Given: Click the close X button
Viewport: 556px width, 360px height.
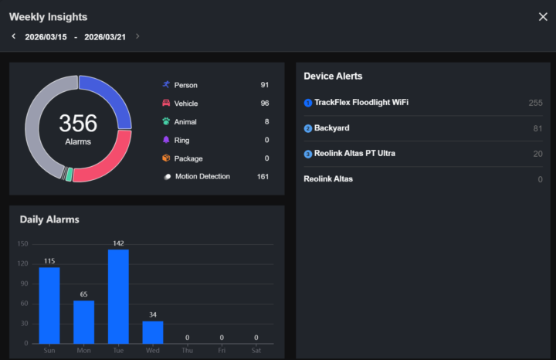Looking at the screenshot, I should [x=542, y=17].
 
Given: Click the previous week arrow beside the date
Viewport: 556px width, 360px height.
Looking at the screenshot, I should [x=13, y=36].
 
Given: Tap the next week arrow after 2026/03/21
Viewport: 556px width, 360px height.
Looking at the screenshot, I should [x=137, y=36].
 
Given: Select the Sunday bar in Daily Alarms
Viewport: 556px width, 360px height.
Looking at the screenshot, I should [x=49, y=305].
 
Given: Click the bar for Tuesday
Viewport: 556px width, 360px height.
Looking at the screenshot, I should [x=118, y=297].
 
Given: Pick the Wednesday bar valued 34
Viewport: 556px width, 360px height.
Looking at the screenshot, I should [x=153, y=332].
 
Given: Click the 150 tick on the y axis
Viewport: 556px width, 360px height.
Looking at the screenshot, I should [x=23, y=244].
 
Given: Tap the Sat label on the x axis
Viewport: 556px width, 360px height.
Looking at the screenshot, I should [x=256, y=350].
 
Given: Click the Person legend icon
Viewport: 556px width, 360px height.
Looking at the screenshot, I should [x=166, y=84].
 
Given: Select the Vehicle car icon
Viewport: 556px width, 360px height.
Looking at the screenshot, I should [x=166, y=103].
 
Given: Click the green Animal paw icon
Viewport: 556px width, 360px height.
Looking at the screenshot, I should [x=166, y=121].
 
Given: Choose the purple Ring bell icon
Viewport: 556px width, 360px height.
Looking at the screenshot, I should [x=166, y=140].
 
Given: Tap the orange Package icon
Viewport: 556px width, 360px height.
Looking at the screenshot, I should [x=166, y=158].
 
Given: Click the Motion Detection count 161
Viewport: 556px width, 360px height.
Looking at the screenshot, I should [x=263, y=177].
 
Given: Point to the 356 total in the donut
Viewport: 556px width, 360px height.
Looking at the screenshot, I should [x=78, y=124].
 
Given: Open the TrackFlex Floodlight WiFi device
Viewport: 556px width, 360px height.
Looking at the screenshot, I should [x=361, y=103].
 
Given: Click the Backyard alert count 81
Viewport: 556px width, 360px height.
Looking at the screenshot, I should [x=537, y=128].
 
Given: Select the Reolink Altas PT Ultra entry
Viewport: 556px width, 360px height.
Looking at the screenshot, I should [x=354, y=154].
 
